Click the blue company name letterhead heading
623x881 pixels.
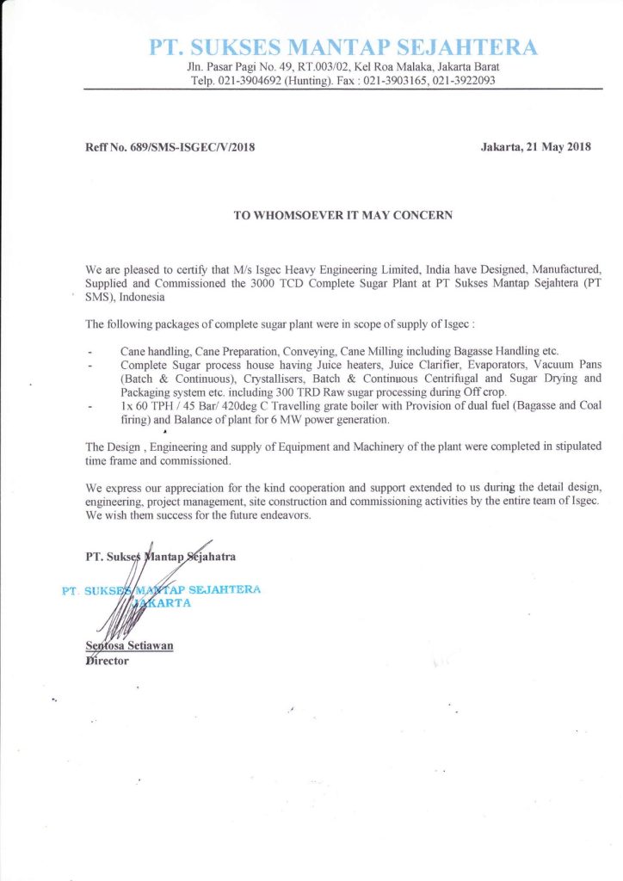pyautogui.click(x=342, y=46)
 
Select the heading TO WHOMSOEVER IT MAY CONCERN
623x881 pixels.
pyautogui.click(x=342, y=214)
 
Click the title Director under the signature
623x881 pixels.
pyautogui.click(x=107, y=661)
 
